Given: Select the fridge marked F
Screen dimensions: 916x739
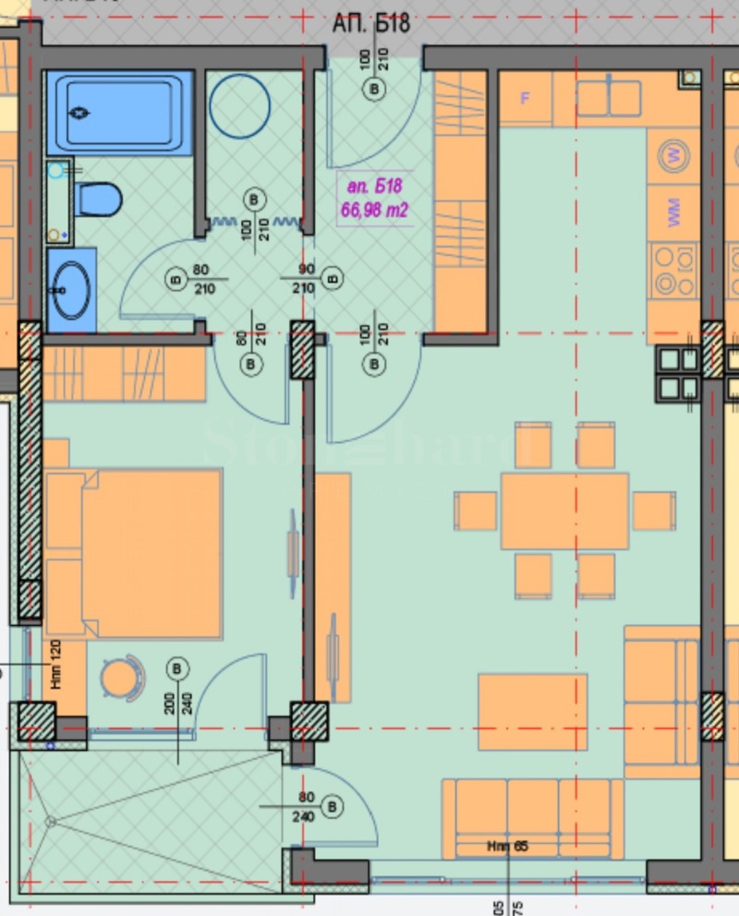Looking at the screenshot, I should tap(526, 98).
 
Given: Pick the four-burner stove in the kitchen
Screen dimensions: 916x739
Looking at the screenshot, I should tap(673, 271).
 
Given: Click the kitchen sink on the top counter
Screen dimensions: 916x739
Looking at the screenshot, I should tap(610, 97).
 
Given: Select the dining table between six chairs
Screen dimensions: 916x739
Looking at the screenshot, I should tap(564, 511).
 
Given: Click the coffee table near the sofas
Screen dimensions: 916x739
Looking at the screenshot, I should tap(532, 711).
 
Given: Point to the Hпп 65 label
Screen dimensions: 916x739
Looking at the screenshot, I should tap(508, 846).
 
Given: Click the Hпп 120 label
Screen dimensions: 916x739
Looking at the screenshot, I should tap(56, 666).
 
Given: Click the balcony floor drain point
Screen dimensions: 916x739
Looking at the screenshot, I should tap(50, 820).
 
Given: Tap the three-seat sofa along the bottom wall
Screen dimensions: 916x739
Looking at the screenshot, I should tap(533, 818).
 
